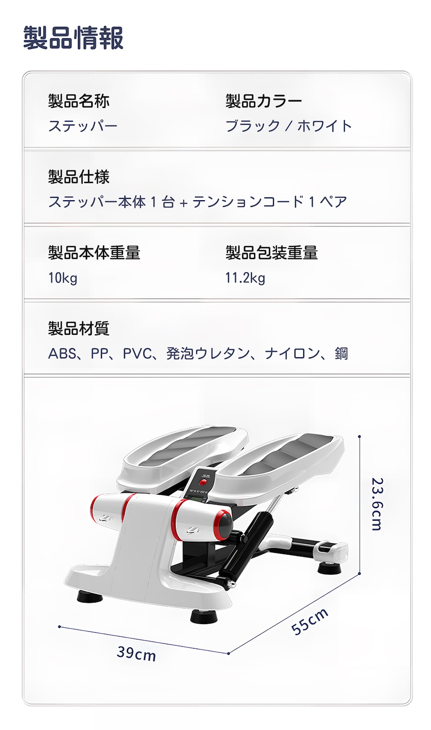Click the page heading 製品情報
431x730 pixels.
(x=73, y=38)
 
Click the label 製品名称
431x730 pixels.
(x=79, y=101)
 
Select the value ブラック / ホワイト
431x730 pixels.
(x=288, y=126)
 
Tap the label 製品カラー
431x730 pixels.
(x=263, y=101)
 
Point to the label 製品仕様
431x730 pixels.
(x=79, y=177)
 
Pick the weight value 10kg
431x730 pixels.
(x=63, y=278)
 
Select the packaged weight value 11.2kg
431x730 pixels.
(x=245, y=278)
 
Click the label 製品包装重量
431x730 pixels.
(x=272, y=252)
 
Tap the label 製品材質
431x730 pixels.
(x=79, y=328)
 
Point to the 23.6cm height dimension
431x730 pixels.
(x=377, y=504)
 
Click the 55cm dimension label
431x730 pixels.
(x=310, y=621)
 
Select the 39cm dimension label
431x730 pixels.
(x=136, y=653)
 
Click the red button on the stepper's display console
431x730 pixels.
(x=203, y=482)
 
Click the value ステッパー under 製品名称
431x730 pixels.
(x=82, y=126)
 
